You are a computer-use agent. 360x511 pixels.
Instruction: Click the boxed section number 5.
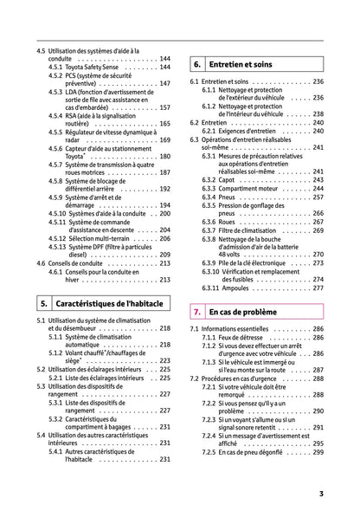[x=43, y=304]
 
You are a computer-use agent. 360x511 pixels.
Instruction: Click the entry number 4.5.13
[x=61, y=246]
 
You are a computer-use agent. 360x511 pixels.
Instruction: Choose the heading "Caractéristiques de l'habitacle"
[x=112, y=304]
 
